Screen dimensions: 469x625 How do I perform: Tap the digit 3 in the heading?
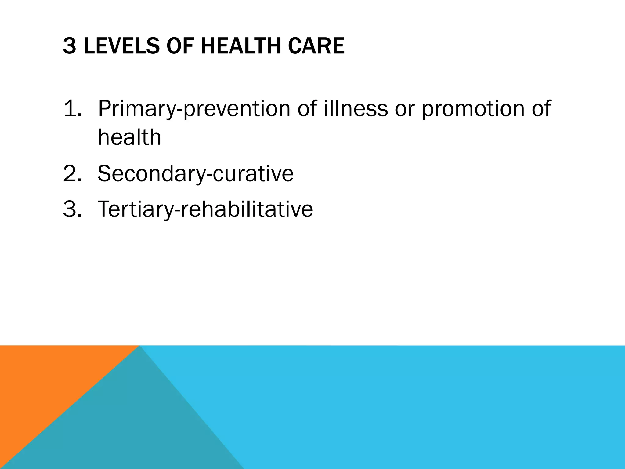coord(69,46)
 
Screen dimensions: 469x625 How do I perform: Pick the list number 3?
coord(72,209)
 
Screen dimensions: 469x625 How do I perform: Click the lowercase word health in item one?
coord(129,137)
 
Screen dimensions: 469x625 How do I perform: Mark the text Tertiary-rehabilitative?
coord(205,209)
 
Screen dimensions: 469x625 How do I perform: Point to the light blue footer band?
coord(427,406)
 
